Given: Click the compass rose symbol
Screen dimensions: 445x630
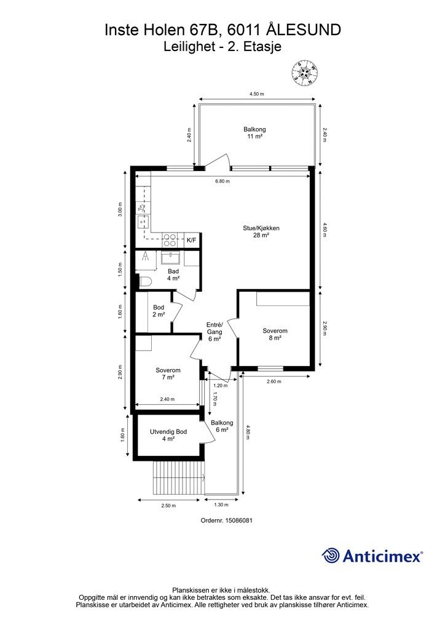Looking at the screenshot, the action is [305, 73].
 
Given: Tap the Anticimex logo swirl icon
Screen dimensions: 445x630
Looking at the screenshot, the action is [331, 556].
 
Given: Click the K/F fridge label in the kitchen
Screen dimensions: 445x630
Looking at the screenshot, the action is [191, 241].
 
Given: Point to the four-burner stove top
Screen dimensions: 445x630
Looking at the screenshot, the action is [169, 240].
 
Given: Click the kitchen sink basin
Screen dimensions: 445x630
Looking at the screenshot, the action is [143, 221].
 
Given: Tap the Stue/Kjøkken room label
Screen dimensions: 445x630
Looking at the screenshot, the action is [261, 231].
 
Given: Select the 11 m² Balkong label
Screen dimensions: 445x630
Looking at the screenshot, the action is [254, 133].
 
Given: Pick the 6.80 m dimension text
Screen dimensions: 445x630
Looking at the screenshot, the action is [222, 181].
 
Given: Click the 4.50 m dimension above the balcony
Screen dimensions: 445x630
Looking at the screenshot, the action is [257, 94].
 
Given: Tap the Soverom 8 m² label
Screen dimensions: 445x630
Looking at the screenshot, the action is [275, 334].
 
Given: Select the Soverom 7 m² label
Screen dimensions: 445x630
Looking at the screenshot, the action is [168, 373].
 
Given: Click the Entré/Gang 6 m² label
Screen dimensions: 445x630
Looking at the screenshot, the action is [215, 332].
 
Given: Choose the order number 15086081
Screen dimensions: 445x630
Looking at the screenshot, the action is [226, 520].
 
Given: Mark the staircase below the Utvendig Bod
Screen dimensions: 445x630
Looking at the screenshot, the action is [178, 478].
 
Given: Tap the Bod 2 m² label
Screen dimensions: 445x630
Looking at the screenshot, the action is [159, 311].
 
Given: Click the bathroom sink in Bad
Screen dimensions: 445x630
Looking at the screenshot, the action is [172, 258].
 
